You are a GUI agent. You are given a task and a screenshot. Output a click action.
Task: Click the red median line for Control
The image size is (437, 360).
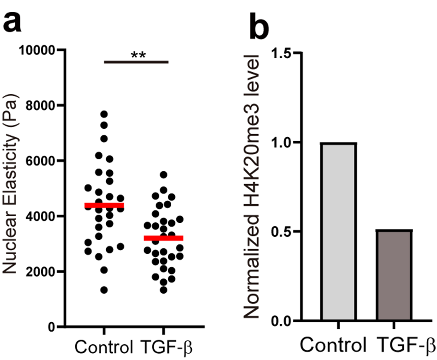tap(104, 206)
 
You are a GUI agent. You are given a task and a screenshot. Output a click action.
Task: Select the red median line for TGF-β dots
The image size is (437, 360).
tap(164, 238)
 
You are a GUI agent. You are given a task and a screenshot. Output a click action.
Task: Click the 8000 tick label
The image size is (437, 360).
tap(41, 105)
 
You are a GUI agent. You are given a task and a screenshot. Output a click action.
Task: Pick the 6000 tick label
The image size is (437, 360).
tap(41, 161)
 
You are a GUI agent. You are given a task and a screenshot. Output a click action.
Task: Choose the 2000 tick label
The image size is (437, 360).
tap(41, 272)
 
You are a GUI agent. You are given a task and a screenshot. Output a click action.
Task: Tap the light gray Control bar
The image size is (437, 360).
tap(338, 232)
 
